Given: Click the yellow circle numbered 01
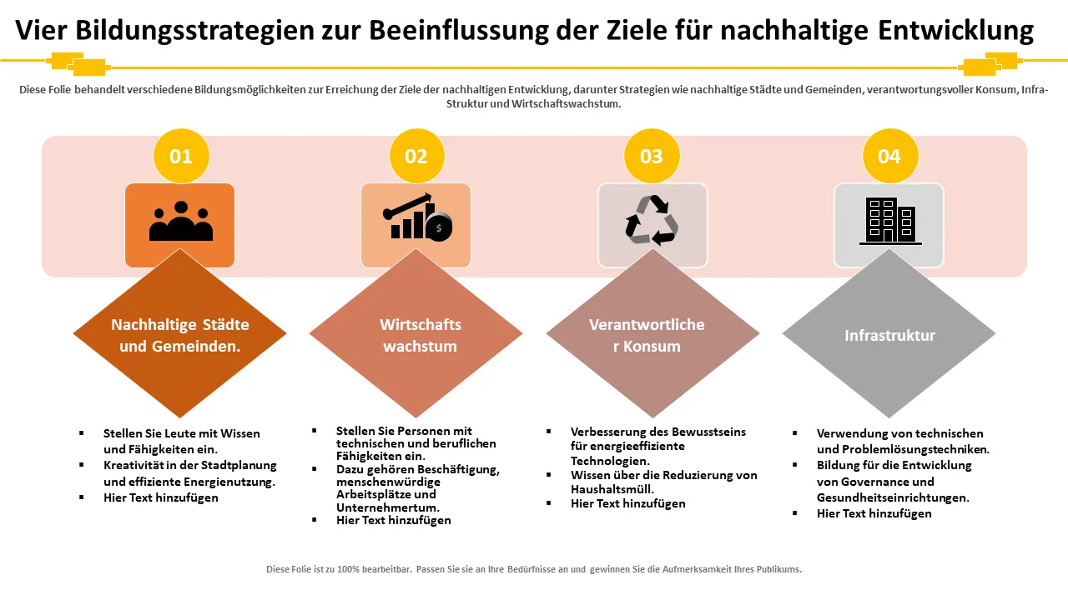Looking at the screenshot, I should point(181,156).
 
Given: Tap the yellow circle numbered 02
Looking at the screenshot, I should point(416,156).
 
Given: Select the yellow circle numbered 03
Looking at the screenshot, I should point(652,156).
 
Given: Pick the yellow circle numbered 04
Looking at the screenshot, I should point(889,156).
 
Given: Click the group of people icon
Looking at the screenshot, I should point(180,222).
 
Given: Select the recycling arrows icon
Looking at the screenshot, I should point(652,220).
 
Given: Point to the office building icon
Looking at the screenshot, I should point(889,221).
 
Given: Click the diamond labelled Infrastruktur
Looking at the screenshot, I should point(889,335).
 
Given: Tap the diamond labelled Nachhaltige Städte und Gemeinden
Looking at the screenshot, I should point(180,335).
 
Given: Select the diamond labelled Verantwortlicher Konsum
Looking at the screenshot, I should point(652,335).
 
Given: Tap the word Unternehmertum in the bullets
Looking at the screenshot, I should point(387,507).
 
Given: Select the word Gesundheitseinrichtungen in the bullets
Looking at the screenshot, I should point(893,497).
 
